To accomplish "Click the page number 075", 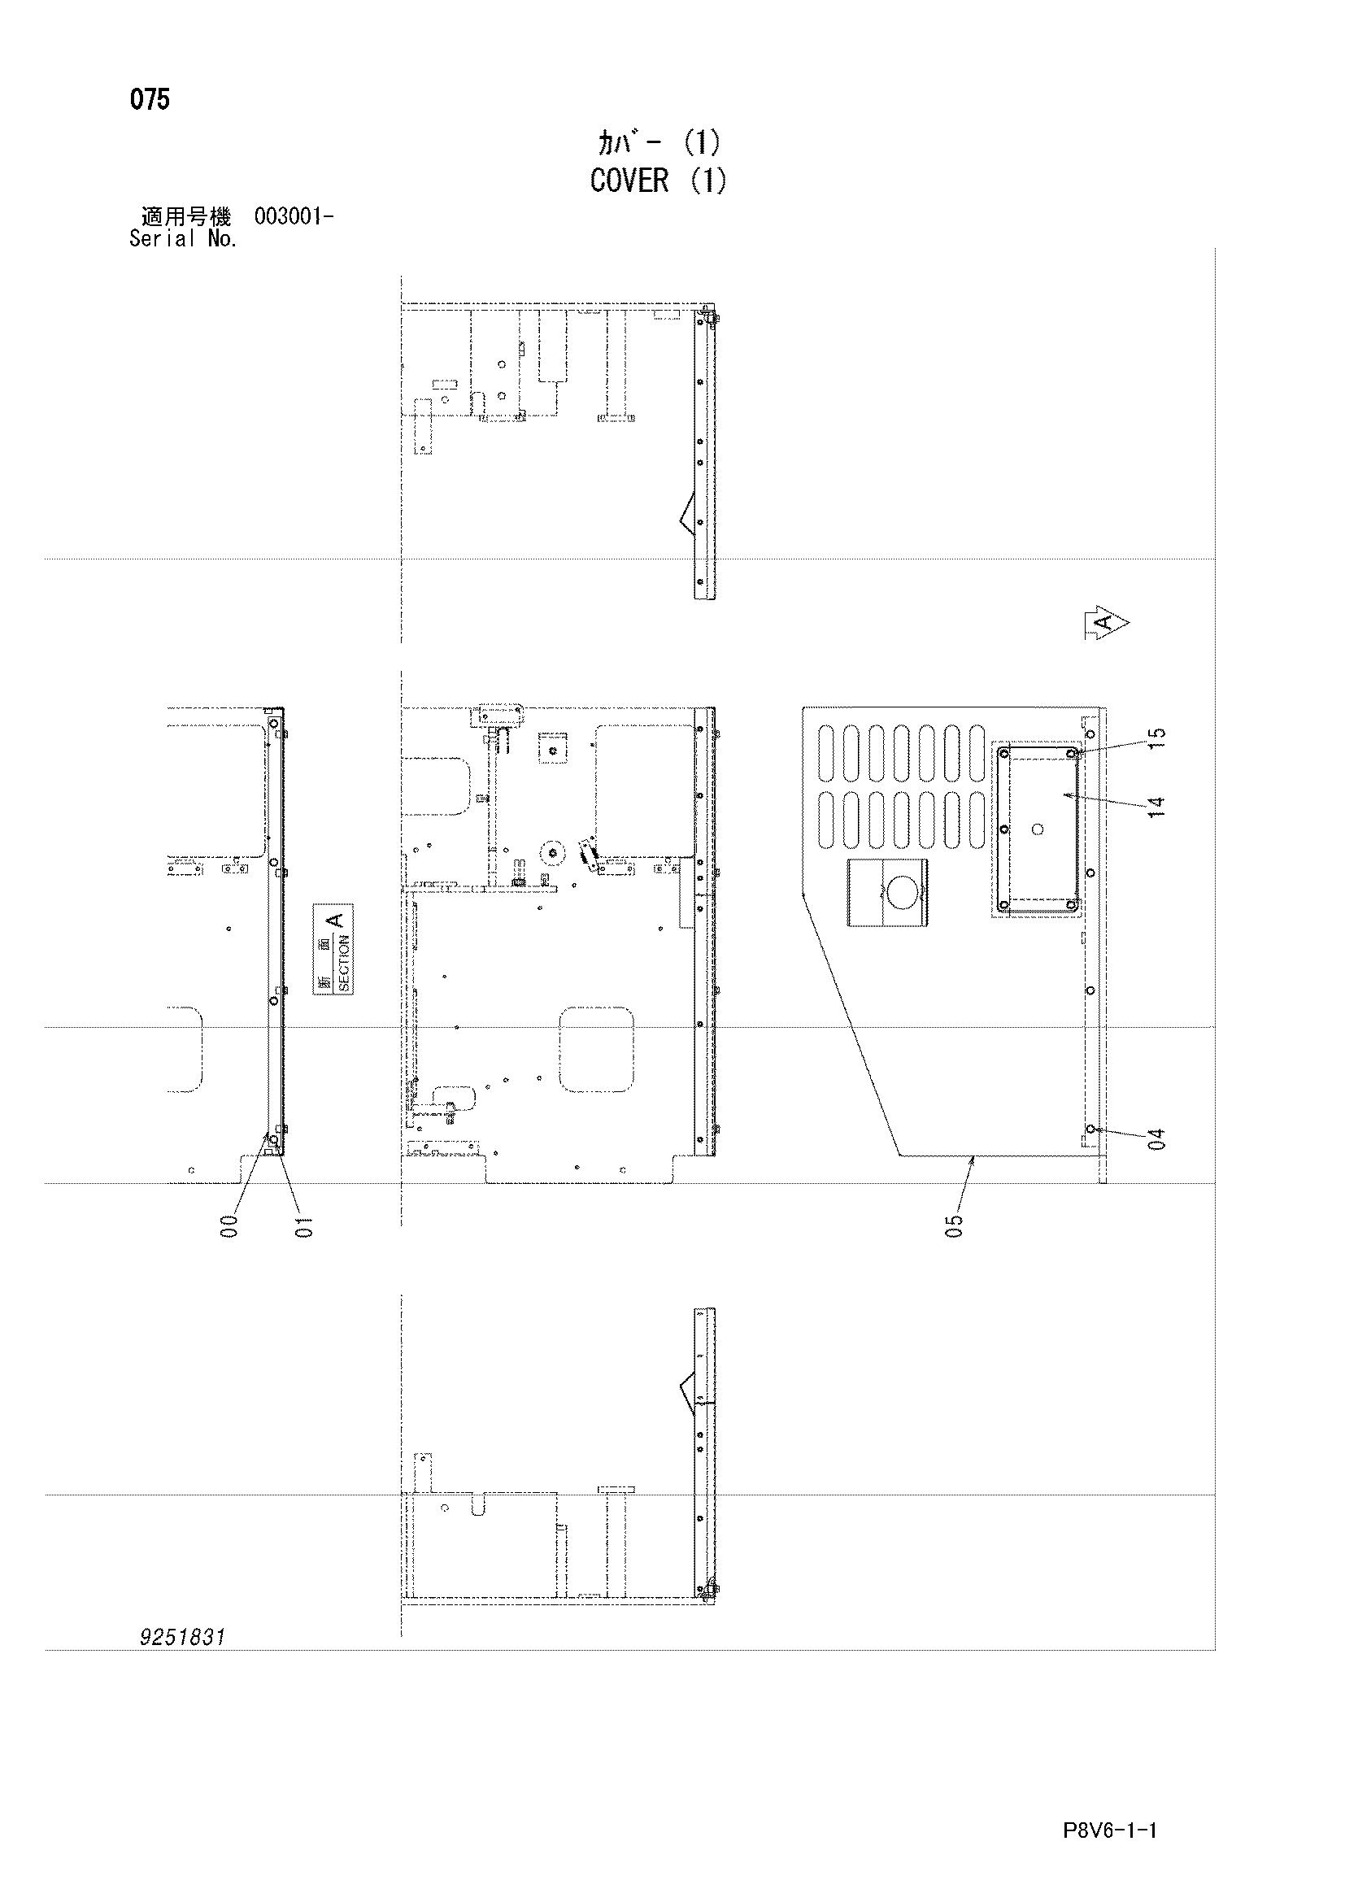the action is [150, 100].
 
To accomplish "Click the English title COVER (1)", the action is [659, 180].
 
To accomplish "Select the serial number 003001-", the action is [294, 217].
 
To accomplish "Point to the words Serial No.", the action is [183, 239].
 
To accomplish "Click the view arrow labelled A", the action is [1107, 624].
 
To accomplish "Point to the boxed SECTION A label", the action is [333, 949].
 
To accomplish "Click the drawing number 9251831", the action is [183, 1637].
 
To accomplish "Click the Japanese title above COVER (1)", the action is [659, 143].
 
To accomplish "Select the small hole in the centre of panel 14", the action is [1038, 829].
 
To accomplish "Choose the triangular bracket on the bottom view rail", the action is [687, 1392].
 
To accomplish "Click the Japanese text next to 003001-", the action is [186, 217].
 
